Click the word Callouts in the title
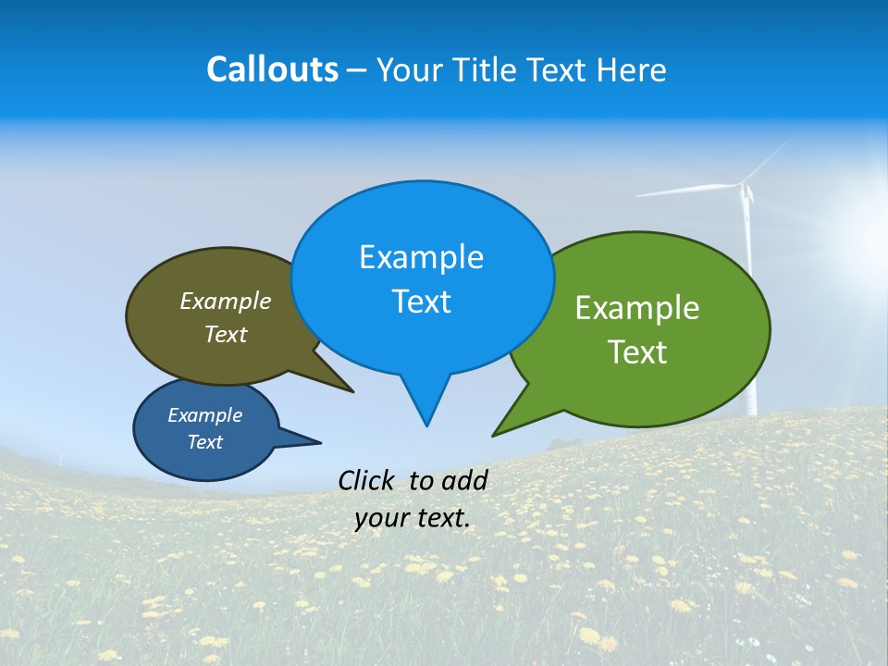[272, 69]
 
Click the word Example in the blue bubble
[421, 257]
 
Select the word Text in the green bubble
[637, 352]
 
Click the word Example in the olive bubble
[225, 302]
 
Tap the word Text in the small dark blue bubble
[204, 442]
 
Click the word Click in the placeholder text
[367, 480]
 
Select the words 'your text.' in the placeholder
[412, 518]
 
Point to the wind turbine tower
[749, 314]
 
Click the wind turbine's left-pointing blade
[684, 191]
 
